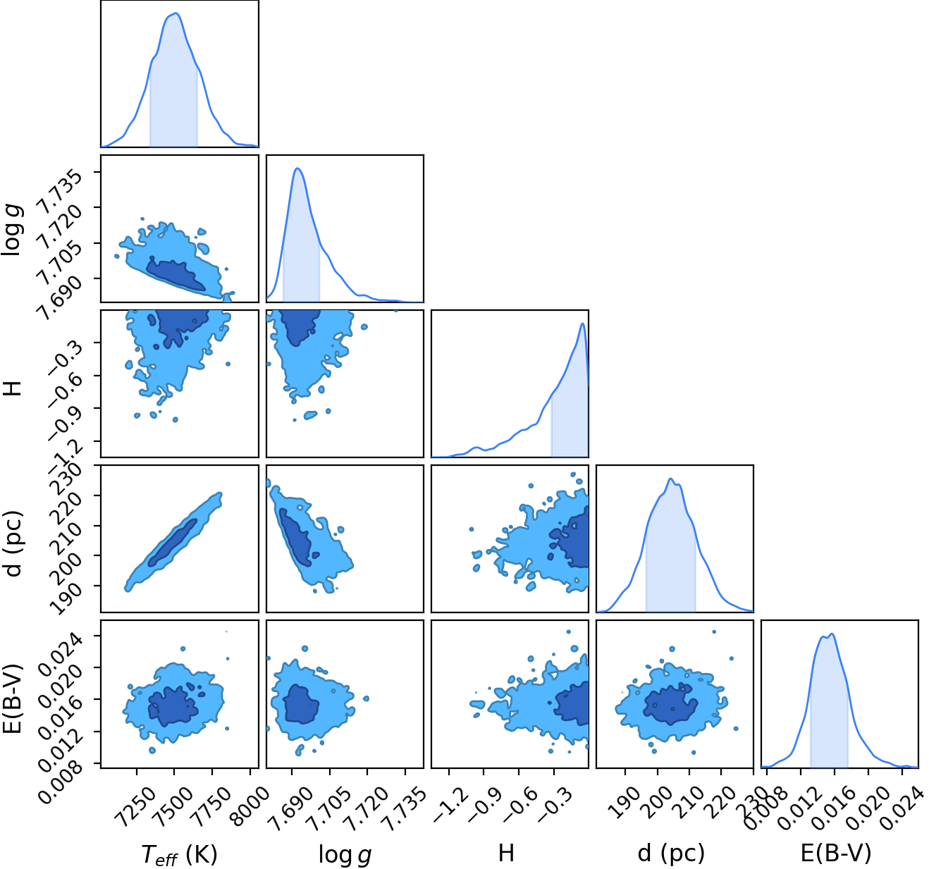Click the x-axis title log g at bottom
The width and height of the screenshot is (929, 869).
pyautogui.click(x=345, y=854)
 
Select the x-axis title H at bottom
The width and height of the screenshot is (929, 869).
pyautogui.click(x=506, y=852)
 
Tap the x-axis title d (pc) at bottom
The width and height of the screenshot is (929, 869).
pyautogui.click(x=671, y=853)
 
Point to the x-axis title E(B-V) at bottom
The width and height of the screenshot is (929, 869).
pyautogui.click(x=837, y=853)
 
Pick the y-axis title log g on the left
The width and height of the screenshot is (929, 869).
pyautogui.click(x=13, y=230)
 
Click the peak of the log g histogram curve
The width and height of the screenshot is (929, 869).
pyautogui.click(x=297, y=168)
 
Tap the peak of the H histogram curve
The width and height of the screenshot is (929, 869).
pyautogui.click(x=582, y=323)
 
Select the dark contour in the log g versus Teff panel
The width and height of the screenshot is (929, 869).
pyautogui.click(x=176, y=273)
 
